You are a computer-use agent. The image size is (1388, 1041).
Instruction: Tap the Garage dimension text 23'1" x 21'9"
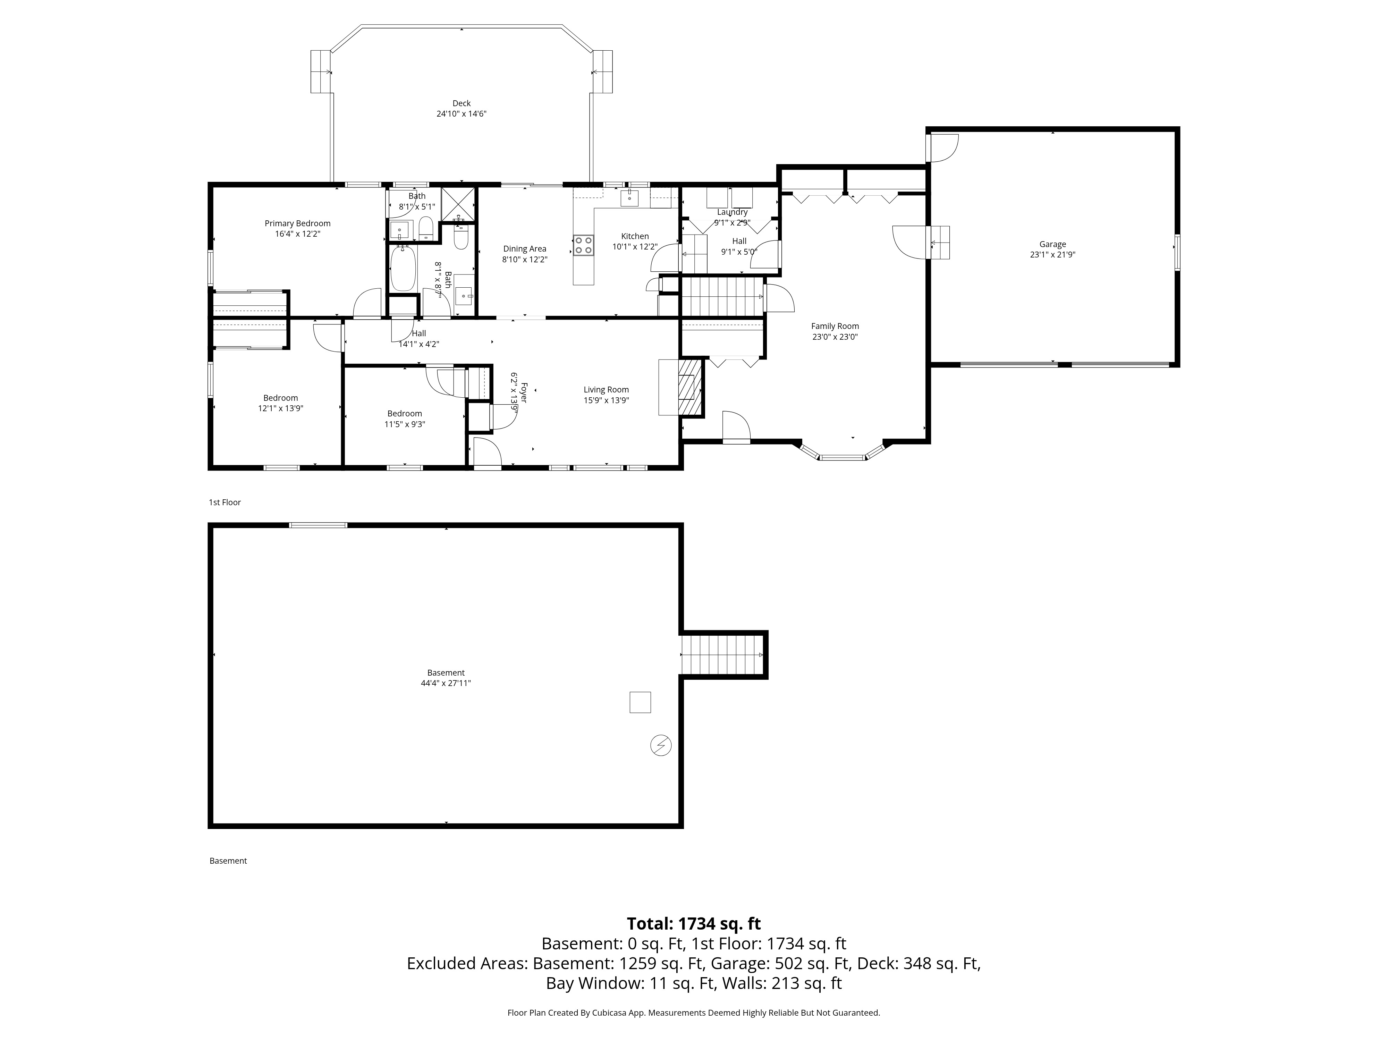click(x=1052, y=255)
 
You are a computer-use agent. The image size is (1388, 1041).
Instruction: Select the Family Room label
click(x=835, y=326)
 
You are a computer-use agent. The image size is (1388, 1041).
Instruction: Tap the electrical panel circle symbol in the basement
click(x=661, y=745)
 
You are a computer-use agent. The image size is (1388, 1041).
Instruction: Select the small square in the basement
click(x=640, y=702)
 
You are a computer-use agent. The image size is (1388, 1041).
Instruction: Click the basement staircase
click(x=722, y=654)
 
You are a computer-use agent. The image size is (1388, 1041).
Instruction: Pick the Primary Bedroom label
click(x=297, y=223)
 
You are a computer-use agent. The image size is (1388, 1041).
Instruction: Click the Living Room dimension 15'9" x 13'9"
click(x=606, y=400)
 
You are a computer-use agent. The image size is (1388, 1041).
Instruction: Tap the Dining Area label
click(x=525, y=249)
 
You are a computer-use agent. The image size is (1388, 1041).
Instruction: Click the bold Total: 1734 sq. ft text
click(x=693, y=924)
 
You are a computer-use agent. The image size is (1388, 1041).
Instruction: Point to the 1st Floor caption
click(x=225, y=502)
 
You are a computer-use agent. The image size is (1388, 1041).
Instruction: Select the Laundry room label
click(x=732, y=212)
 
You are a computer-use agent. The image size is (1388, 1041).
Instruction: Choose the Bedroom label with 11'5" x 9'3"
click(x=405, y=414)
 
